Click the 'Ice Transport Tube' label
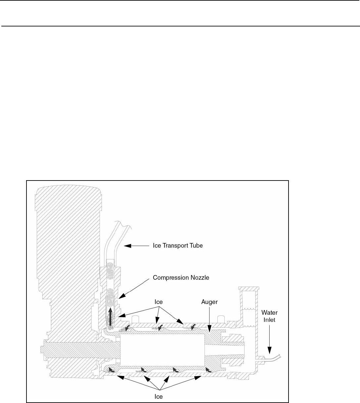tap(177, 246)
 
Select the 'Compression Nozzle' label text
tap(181, 278)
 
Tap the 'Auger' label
tap(209, 302)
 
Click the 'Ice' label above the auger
tap(158, 302)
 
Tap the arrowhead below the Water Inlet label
tap(270, 351)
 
